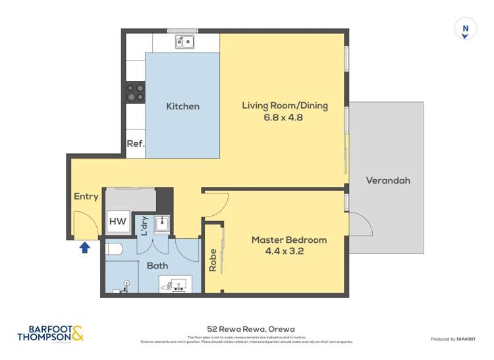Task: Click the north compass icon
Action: click(x=466, y=29)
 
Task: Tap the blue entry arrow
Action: click(x=84, y=247)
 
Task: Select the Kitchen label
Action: click(x=182, y=106)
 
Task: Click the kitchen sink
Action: click(x=184, y=42)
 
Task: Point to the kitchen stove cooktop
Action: click(x=136, y=93)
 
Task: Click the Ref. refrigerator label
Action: click(x=135, y=143)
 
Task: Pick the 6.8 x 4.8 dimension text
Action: click(x=285, y=118)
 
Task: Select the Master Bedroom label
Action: click(x=288, y=240)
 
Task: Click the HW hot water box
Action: click(x=118, y=222)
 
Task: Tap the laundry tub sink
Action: click(x=162, y=225)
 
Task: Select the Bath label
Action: click(x=157, y=265)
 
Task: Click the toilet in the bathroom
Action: click(x=113, y=249)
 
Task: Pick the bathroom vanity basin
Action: click(x=175, y=284)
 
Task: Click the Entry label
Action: click(x=86, y=196)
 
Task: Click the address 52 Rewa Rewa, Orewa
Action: click(x=250, y=329)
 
